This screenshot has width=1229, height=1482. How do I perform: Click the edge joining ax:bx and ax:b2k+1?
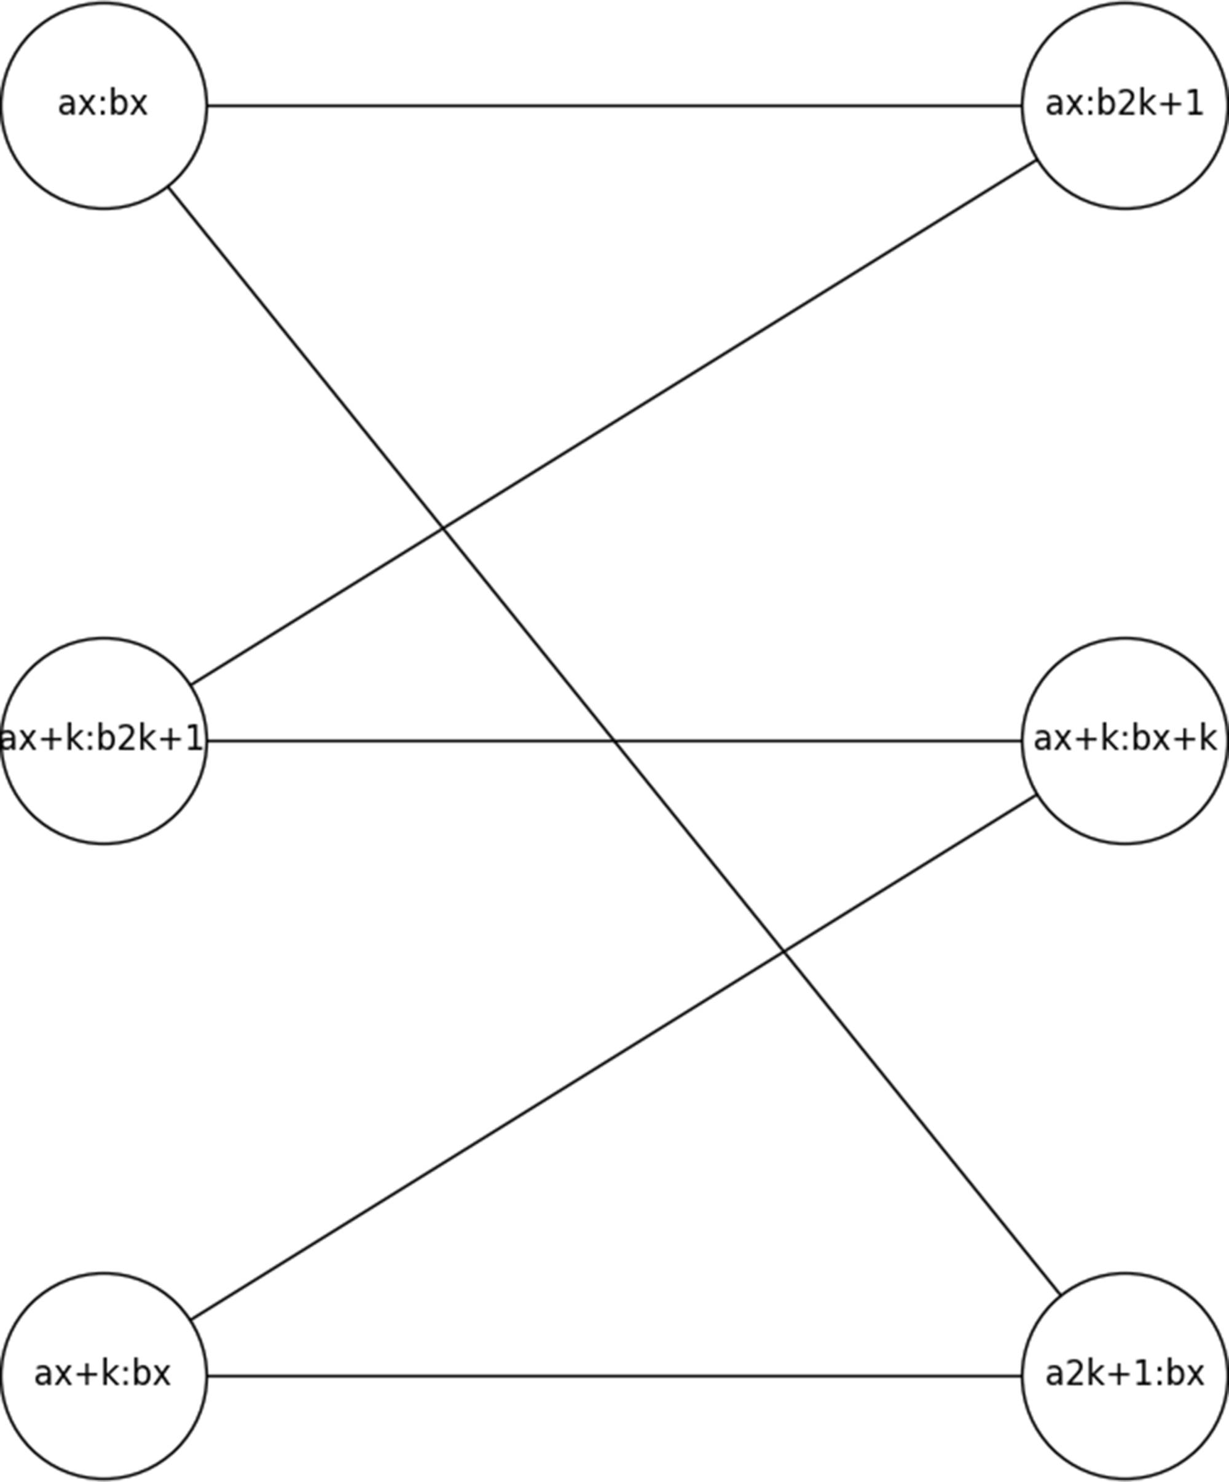pos(614,106)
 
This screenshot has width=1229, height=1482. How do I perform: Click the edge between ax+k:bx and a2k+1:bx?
pos(614,1376)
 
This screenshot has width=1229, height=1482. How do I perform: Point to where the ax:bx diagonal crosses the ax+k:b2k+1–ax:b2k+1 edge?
pos(443,527)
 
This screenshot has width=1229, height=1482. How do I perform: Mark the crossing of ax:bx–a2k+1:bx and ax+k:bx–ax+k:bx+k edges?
pos(783,952)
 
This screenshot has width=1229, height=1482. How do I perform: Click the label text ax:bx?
pos(103,104)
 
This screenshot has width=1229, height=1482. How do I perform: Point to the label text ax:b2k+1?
pos(1125,104)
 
